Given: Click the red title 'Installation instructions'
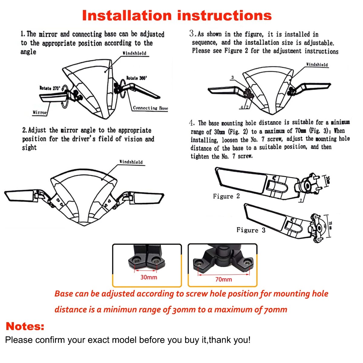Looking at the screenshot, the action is pyautogui.click(x=177, y=15).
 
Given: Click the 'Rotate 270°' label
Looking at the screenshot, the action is pyautogui.click(x=50, y=88).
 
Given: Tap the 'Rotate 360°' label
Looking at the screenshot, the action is pyautogui.click(x=136, y=78).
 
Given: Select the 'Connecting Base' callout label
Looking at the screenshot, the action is pyautogui.click(x=150, y=108).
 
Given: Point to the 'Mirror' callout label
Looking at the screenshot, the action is pyautogui.click(x=40, y=112).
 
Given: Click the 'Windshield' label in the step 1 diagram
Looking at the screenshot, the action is pyautogui.click(x=134, y=53).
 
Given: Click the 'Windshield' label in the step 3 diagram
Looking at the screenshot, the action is pyautogui.click(x=317, y=64).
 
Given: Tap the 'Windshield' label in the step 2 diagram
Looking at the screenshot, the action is pyautogui.click(x=131, y=162).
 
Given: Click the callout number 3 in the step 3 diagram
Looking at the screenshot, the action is pyautogui.click(x=232, y=77).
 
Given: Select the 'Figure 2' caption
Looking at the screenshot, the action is pyautogui.click(x=226, y=196).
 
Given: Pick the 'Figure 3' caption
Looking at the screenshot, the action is pyautogui.click(x=251, y=230).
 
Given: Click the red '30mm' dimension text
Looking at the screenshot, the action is pyautogui.click(x=149, y=277).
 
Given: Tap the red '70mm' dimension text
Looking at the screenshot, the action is pyautogui.click(x=224, y=280).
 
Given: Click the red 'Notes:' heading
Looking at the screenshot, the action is pyautogui.click(x=25, y=326).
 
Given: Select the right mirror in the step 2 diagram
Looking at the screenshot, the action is pyautogui.click(x=148, y=198).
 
